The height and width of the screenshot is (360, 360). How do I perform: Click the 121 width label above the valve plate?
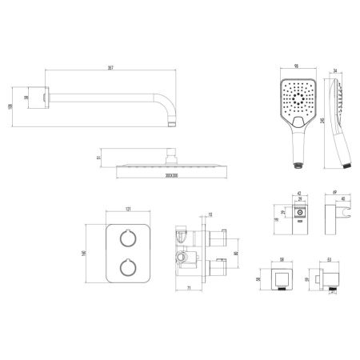click(128, 210)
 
